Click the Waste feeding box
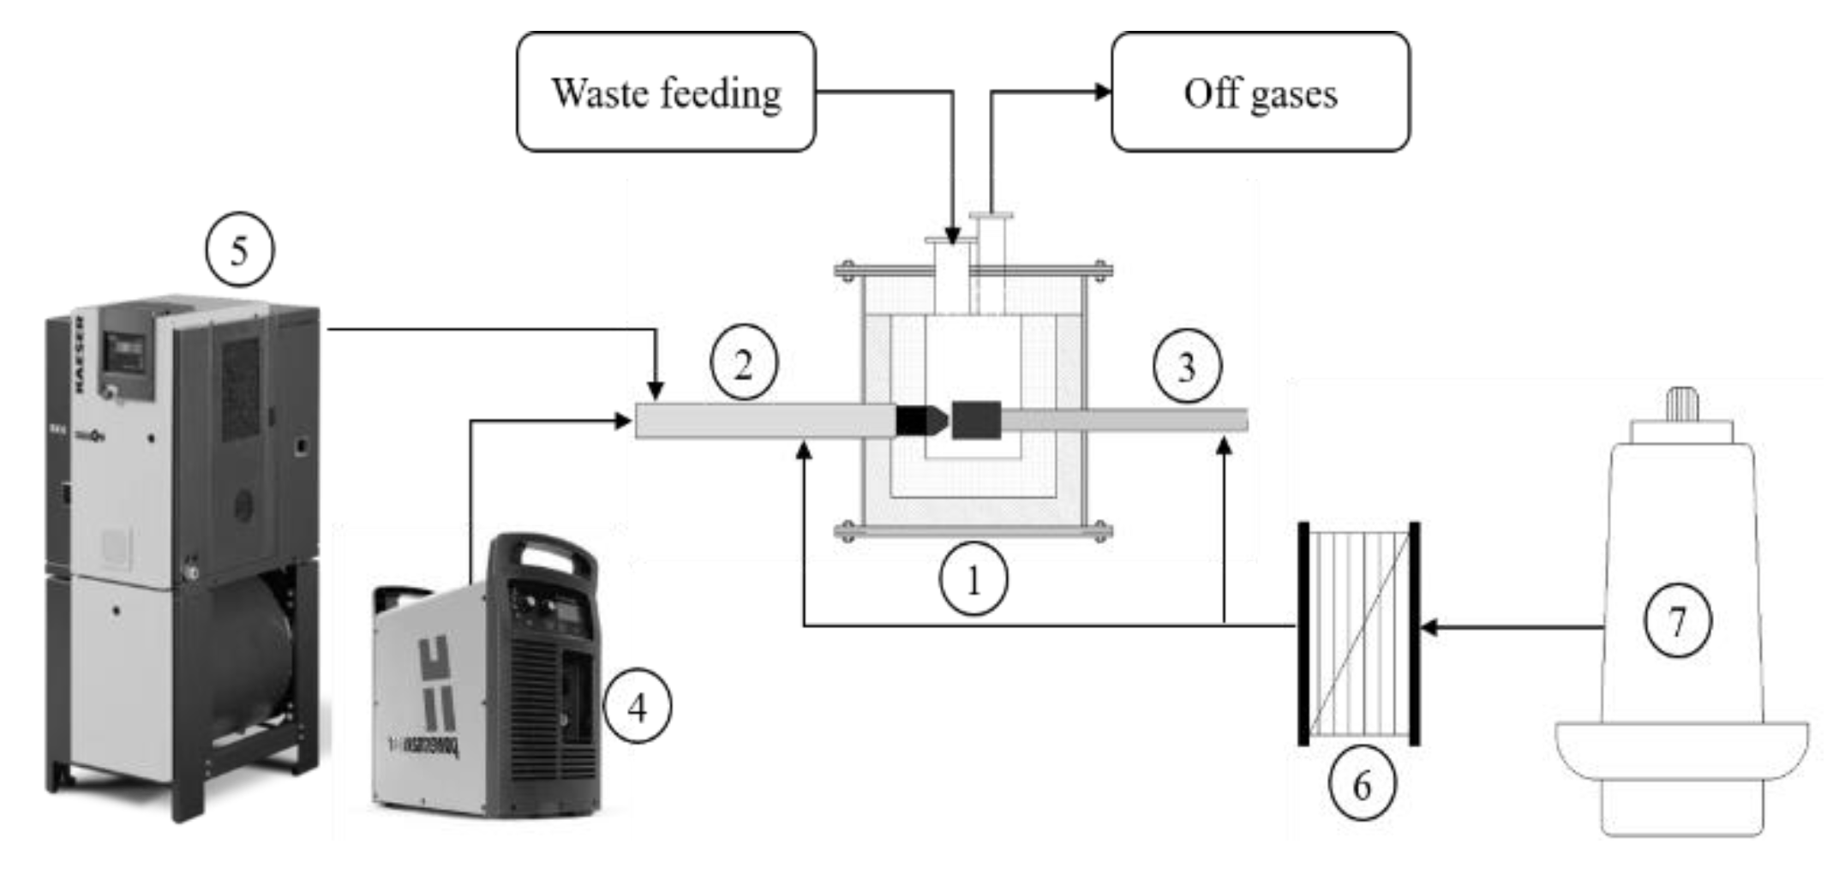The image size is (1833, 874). click(x=666, y=93)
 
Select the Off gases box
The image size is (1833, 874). click(x=1260, y=93)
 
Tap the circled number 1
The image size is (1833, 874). click(x=973, y=581)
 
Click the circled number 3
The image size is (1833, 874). click(x=1187, y=367)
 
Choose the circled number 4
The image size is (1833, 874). click(x=638, y=708)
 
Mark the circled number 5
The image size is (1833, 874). click(x=239, y=250)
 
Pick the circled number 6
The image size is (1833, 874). click(x=1362, y=785)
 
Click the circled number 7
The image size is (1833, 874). click(x=1677, y=621)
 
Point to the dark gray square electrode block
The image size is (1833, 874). click(x=976, y=420)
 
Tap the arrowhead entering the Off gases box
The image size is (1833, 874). click(x=1103, y=93)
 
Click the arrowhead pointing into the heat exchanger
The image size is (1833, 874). click(x=1429, y=628)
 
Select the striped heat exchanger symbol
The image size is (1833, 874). click(x=1360, y=634)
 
